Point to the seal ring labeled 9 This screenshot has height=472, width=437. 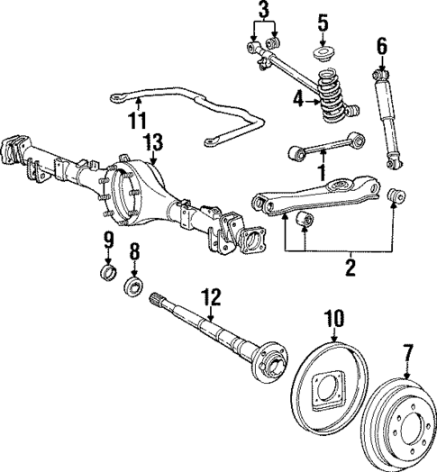(107, 273)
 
